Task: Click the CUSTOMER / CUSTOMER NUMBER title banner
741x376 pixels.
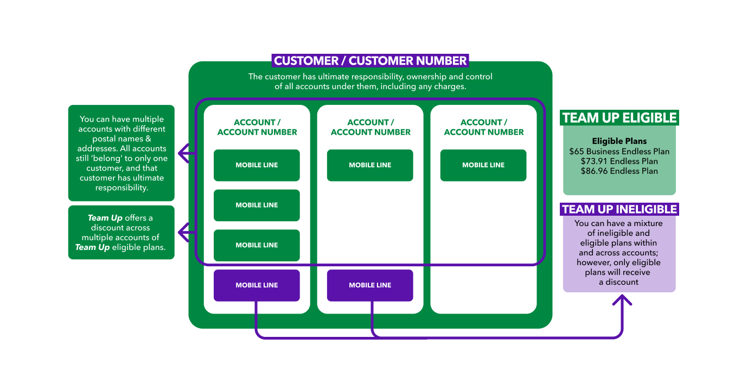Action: pos(370,60)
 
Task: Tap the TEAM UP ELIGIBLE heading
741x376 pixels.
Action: pos(619,118)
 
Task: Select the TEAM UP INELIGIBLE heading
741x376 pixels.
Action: pos(619,209)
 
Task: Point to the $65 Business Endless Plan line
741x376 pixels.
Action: pos(619,152)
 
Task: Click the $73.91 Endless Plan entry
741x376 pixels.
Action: pos(619,161)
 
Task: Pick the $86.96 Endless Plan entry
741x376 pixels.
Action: pos(619,171)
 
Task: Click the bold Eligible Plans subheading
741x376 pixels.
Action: pos(619,141)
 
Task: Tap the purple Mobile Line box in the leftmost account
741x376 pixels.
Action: pos(257,285)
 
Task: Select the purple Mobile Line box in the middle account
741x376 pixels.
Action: pos(370,285)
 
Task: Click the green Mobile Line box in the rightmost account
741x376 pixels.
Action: pos(483,165)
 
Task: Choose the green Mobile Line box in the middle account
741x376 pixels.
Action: pos(370,165)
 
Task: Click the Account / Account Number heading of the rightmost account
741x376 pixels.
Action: pos(484,127)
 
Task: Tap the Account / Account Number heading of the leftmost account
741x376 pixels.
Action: pos(257,127)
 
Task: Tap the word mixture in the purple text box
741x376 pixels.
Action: pos(648,223)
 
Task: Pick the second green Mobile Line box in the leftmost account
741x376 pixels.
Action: pos(257,205)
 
